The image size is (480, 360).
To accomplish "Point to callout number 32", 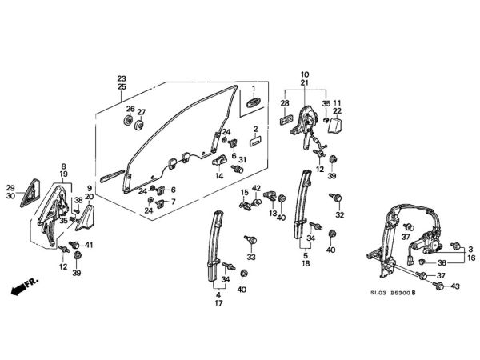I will click(340, 215).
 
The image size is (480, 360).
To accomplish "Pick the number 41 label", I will click(89, 245).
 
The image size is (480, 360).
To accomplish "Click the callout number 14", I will click(218, 175).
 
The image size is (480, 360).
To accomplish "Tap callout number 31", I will click(242, 160).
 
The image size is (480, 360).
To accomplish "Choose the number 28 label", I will click(285, 104).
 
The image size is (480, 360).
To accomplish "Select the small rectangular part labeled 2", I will click(254, 141).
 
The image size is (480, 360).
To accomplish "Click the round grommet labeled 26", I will click(127, 122).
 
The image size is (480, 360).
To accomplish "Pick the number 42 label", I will click(257, 189).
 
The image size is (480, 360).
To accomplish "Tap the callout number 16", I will click(470, 259).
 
